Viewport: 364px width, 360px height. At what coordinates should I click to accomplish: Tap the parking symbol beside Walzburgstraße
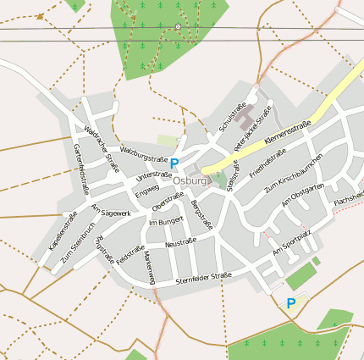tap(174, 163)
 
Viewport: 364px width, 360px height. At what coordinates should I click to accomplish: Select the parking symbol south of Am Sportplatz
tap(291, 302)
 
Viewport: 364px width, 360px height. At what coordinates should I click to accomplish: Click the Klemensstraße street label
tap(287, 131)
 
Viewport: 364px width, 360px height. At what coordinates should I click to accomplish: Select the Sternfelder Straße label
tap(203, 277)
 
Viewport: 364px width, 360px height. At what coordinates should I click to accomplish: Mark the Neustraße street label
tap(180, 242)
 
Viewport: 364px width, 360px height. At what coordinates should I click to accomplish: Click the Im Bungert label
tap(165, 221)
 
